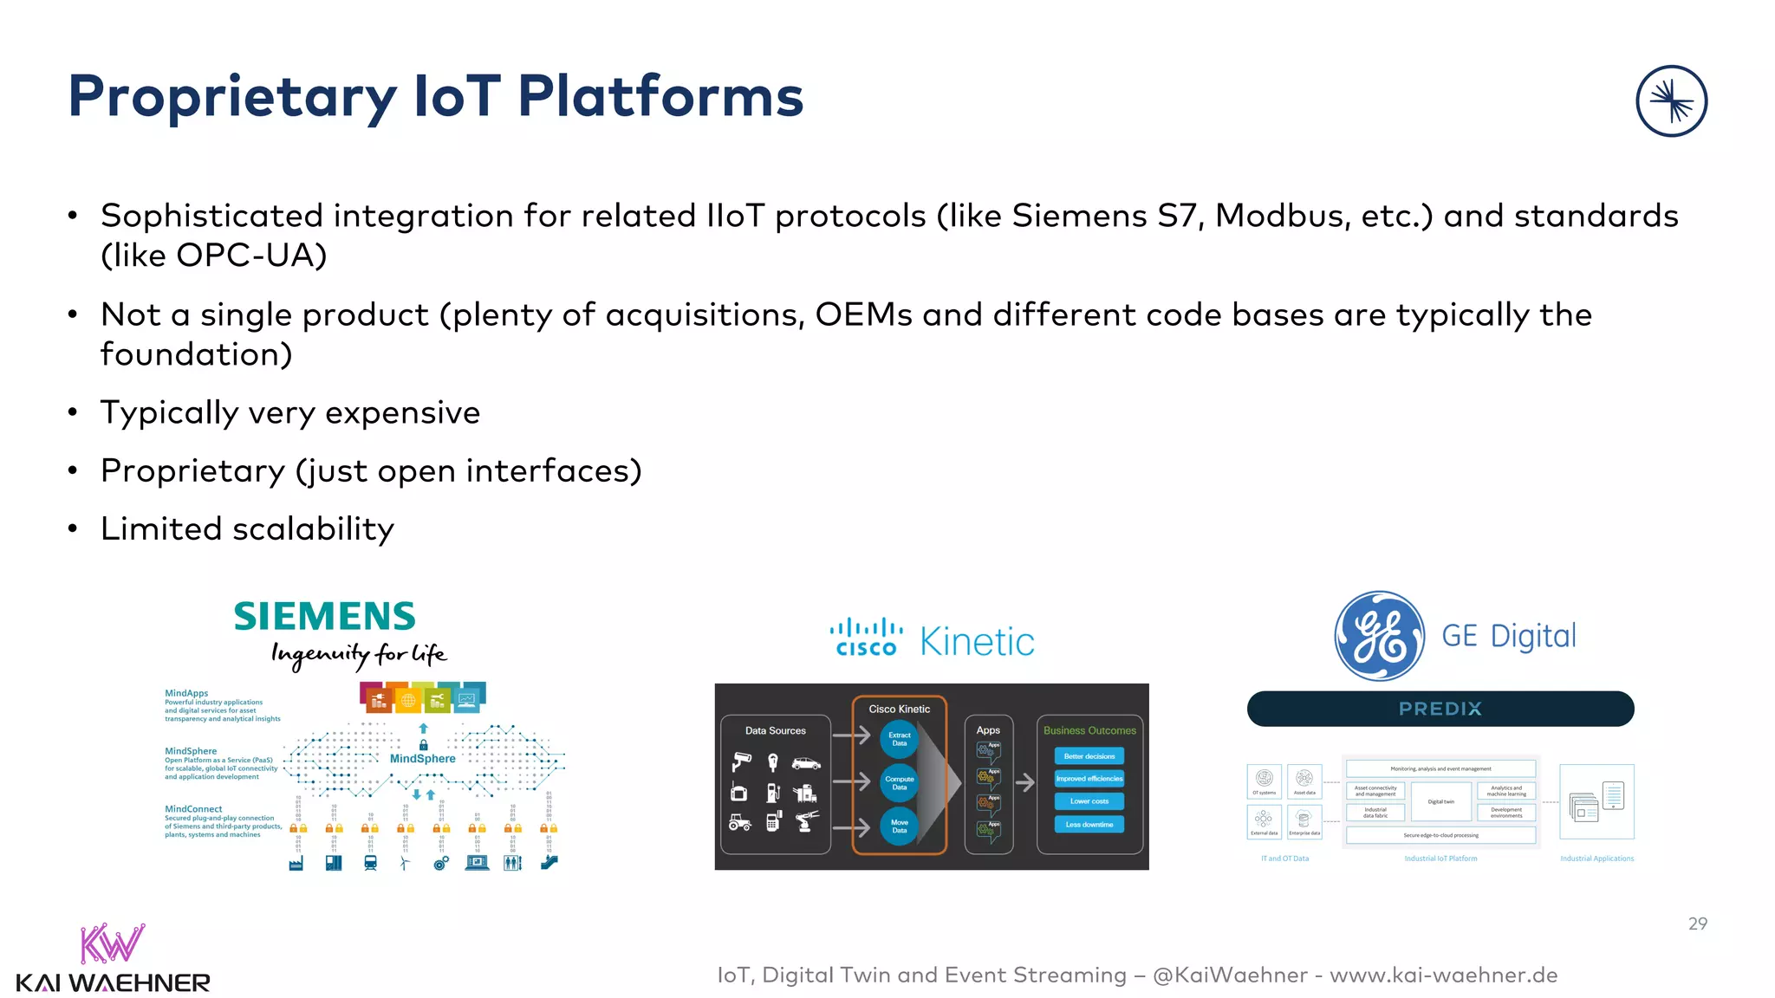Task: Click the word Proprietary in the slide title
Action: [232, 97]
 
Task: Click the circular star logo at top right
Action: [1671, 101]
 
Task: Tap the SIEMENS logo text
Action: [325, 617]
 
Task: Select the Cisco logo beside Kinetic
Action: [866, 637]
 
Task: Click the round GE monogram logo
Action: [1379, 636]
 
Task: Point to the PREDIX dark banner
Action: [1440, 709]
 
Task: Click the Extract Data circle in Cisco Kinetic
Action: [900, 739]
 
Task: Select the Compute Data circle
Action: [900, 783]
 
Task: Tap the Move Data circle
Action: [900, 826]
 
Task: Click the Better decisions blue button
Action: [1089, 756]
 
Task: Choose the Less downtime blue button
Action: [1089, 824]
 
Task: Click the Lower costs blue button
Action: [1089, 801]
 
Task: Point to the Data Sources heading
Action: [775, 730]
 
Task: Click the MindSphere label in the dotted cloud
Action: [422, 758]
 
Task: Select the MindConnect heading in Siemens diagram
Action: [193, 808]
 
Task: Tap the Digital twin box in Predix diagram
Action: [1440, 801]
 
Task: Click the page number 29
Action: [1697, 923]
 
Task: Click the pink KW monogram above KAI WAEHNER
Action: [111, 944]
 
